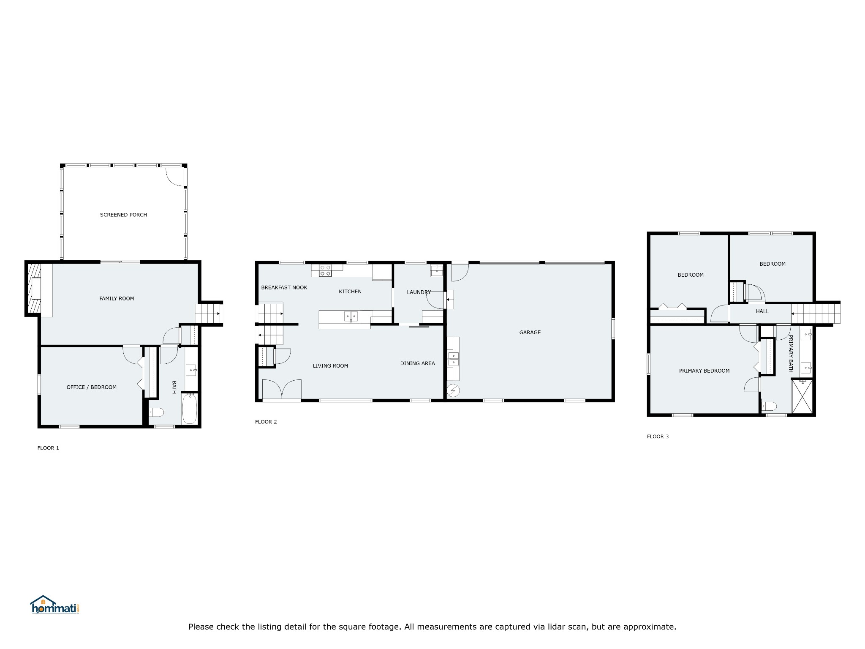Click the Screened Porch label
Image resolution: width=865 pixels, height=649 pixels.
point(123,215)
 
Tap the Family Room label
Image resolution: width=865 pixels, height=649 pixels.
point(117,298)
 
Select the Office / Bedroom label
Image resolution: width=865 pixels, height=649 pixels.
point(92,387)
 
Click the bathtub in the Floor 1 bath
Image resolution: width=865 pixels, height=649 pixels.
point(190,408)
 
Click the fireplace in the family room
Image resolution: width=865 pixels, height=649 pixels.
point(34,289)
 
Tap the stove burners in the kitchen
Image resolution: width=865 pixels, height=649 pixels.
point(325,270)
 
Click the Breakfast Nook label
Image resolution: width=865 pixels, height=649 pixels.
point(284,287)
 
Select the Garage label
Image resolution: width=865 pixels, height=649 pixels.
point(530,333)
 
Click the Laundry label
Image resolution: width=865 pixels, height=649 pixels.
point(419,292)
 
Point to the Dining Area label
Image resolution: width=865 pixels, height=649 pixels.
point(418,363)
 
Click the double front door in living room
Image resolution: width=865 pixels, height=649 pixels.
point(282,389)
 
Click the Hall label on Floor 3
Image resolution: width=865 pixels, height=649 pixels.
point(762,311)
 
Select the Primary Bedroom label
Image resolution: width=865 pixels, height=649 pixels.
point(705,371)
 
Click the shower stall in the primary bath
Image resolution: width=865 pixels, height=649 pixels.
point(802,396)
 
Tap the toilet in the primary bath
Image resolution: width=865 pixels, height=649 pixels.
point(769,406)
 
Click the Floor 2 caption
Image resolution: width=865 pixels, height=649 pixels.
point(266,422)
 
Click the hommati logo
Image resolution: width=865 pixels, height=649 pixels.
point(54,605)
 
